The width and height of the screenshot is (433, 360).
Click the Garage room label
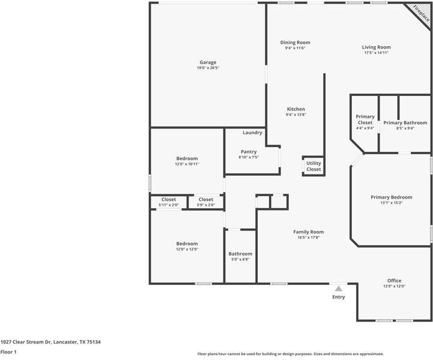208,62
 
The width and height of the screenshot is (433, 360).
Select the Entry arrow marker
339,289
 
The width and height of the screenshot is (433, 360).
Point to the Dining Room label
295,43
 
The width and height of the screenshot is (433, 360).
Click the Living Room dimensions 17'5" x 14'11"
376,52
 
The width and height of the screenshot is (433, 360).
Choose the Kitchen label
295,109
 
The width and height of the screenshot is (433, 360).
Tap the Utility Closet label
313,166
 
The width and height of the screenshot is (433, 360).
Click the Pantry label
249,152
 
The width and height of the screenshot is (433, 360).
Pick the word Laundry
252,133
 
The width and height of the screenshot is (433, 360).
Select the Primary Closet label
365,119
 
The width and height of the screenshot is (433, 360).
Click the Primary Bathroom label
405,123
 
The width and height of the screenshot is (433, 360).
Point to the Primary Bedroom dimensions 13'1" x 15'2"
392,203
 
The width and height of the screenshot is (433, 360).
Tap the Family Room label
309,232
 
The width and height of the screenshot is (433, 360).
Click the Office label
394,281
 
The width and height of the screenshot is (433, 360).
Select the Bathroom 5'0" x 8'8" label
240,256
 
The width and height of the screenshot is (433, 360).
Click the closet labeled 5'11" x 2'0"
169,202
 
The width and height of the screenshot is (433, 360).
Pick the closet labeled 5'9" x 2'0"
206,202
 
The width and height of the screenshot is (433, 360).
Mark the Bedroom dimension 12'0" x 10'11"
187,164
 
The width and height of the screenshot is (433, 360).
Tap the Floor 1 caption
8,352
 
